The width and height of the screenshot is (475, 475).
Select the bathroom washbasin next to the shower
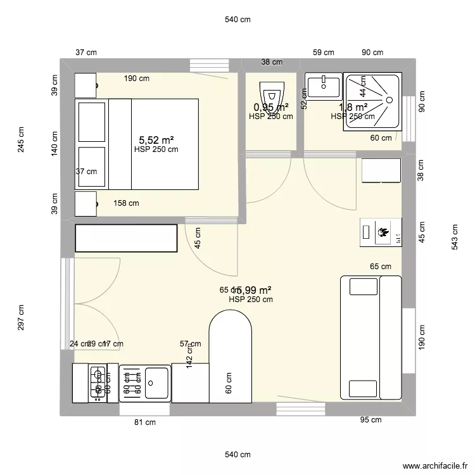pos(324,87)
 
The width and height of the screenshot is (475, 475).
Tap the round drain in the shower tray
pos(389,99)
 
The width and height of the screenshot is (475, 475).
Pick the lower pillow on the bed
pos(91,167)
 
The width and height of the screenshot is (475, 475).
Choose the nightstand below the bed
pos(85,204)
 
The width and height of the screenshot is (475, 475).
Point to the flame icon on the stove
pos(383,232)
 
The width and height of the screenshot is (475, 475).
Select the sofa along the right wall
pos(371,337)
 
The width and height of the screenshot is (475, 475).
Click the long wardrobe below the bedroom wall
pos(125,237)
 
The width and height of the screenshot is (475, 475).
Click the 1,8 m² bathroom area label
pos(353,107)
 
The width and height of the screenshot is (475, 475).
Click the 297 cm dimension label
pos(22,317)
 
